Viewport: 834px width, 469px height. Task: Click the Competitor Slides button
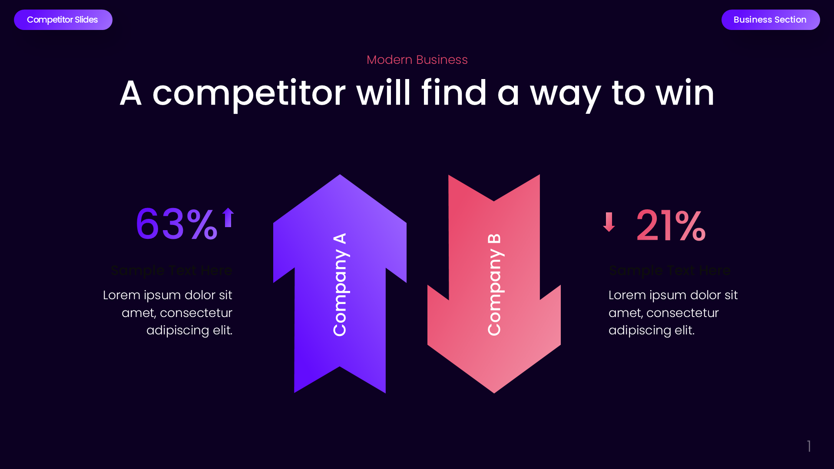[x=63, y=20]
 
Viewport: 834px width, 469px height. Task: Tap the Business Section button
[x=770, y=20]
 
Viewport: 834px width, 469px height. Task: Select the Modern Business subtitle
[x=417, y=59]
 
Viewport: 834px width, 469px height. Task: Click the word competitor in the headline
[x=248, y=93]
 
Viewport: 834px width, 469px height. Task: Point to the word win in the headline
[x=685, y=93]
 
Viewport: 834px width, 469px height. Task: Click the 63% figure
[x=176, y=225]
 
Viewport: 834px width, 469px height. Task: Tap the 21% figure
[x=671, y=226]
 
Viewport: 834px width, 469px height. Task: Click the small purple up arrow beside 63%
[x=228, y=217]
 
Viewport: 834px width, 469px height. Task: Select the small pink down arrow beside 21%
[x=609, y=222]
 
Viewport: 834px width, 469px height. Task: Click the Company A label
[x=340, y=284]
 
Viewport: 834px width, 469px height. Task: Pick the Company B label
[x=494, y=284]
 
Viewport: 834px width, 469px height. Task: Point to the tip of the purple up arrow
[x=340, y=176]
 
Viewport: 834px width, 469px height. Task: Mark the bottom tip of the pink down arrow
[x=494, y=392]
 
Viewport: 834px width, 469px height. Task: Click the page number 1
[x=809, y=446]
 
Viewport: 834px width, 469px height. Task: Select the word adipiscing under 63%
[x=178, y=330]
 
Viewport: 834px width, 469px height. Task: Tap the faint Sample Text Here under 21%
[x=669, y=271]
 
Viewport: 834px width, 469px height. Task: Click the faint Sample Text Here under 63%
[x=172, y=271]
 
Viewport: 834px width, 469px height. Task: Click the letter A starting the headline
[x=130, y=93]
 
